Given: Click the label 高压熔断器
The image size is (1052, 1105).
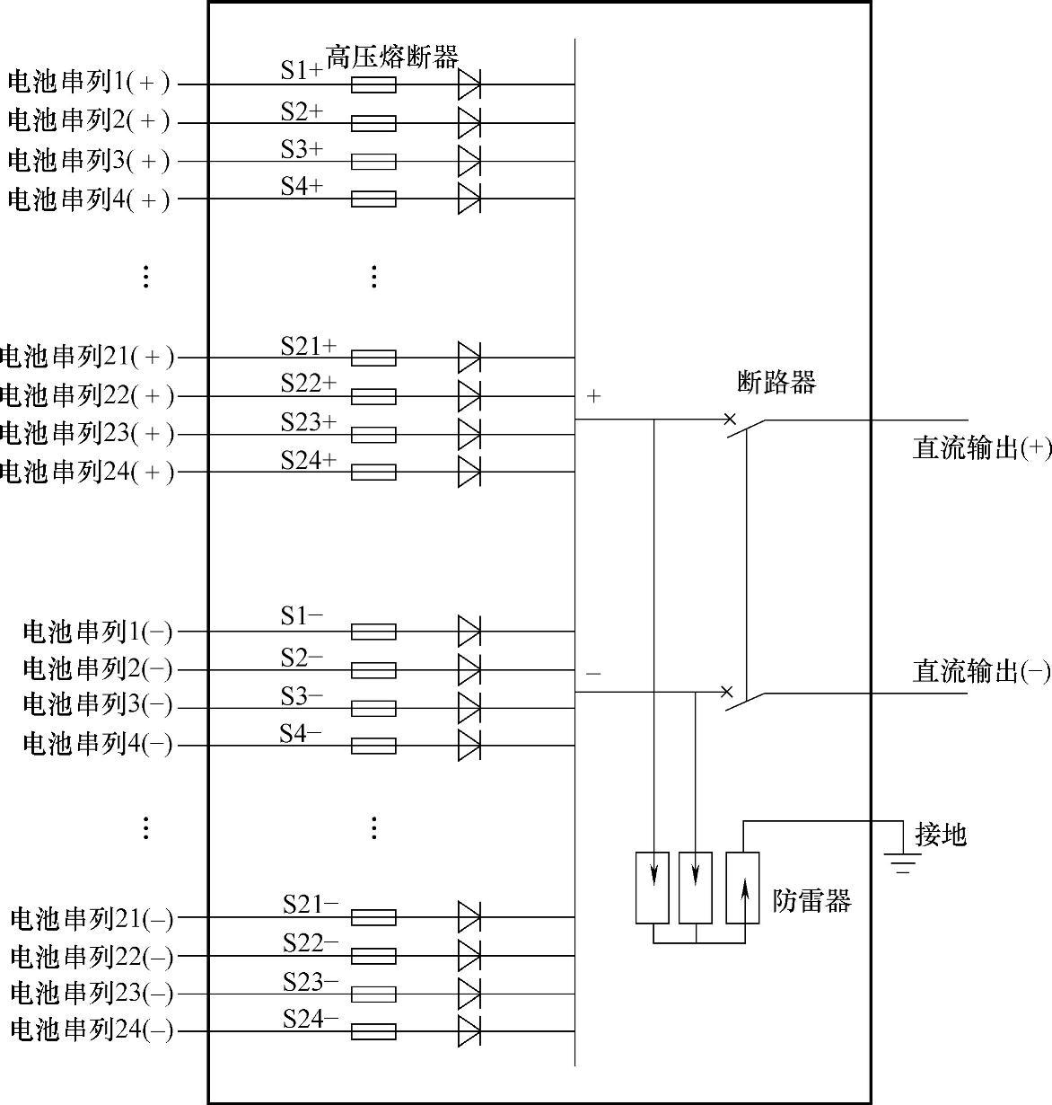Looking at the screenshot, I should pyautogui.click(x=391, y=58).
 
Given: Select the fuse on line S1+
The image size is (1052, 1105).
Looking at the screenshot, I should pyautogui.click(x=373, y=85).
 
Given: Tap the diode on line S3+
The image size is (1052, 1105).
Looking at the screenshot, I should pyautogui.click(x=469, y=162).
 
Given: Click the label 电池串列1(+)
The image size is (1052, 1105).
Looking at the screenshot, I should pyautogui.click(x=88, y=83).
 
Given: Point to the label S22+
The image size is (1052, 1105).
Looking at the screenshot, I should pyautogui.click(x=308, y=384).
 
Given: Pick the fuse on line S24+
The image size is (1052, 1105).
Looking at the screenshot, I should pyautogui.click(x=373, y=472).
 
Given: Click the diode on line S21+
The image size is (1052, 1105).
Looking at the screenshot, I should pyautogui.click(x=469, y=358).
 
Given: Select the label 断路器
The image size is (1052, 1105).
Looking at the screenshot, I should pyautogui.click(x=776, y=383).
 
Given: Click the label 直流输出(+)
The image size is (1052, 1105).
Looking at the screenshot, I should pyautogui.click(x=982, y=448).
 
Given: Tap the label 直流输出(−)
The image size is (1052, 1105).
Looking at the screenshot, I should pyautogui.click(x=981, y=671).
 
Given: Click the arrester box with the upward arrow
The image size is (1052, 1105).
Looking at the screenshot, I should pyautogui.click(x=742, y=888).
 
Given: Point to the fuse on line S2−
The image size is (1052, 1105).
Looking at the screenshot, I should pyautogui.click(x=373, y=670).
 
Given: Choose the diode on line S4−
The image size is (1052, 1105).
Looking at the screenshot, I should pyautogui.click(x=469, y=746).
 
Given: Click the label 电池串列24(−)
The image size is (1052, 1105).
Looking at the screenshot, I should pyautogui.click(x=92, y=1030).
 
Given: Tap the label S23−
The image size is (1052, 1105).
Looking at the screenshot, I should pyautogui.click(x=311, y=983).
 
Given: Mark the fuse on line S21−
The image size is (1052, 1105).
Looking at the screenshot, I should pyautogui.click(x=373, y=917).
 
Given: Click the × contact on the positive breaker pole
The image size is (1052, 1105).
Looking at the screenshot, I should pyautogui.click(x=730, y=419).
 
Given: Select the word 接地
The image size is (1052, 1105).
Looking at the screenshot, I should pyautogui.click(x=940, y=835).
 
